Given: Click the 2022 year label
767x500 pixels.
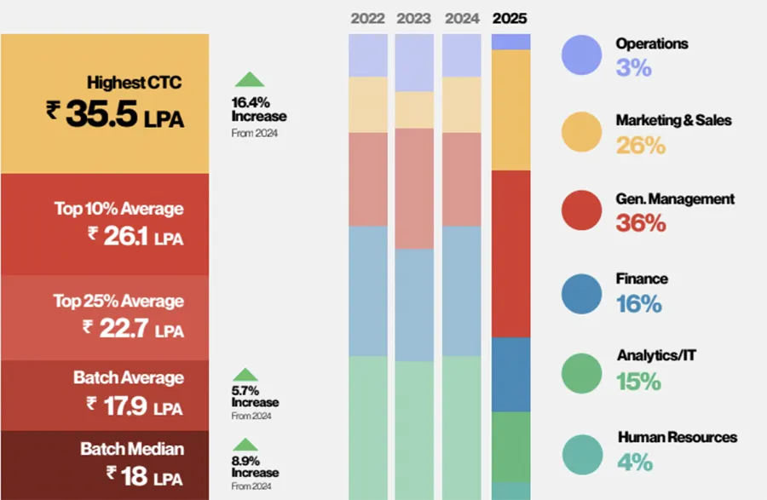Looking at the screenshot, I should coord(368,18).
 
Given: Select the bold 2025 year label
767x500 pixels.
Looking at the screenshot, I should coord(510,18).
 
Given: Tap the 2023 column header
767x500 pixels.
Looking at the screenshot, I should coord(414,18).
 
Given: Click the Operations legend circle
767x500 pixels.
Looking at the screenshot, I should coord(582,55).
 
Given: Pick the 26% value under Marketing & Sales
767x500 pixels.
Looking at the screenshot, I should coord(640,145).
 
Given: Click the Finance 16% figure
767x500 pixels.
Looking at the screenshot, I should coord(639,303).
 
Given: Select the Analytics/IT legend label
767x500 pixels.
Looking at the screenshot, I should coord(655,355).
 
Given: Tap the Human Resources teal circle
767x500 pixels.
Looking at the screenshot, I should coord(582,452).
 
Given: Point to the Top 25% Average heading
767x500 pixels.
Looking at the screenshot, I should coord(130,301).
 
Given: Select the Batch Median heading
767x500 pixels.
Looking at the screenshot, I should coord(132,448).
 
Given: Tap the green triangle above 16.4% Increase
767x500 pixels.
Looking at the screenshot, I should coord(249,79).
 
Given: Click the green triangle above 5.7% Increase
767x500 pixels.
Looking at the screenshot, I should coord(245,374).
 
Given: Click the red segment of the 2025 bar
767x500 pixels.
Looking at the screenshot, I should coord(511,253).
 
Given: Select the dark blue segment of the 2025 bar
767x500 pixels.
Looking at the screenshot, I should coord(511,374).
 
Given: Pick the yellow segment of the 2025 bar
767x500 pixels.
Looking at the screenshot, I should coord(511,109).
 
